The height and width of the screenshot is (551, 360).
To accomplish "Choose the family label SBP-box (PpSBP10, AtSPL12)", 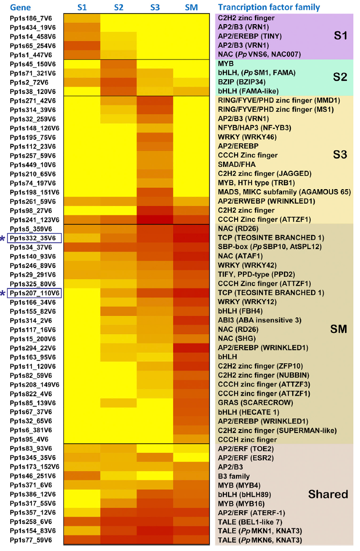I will click(x=268, y=247).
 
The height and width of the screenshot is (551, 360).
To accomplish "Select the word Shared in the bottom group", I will click(x=328, y=494).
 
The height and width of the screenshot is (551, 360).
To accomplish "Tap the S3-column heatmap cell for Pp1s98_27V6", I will click(x=155, y=210).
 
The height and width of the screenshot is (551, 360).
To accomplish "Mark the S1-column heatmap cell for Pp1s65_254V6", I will click(x=82, y=45).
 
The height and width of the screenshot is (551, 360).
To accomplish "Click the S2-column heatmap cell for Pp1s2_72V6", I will click(x=119, y=82).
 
